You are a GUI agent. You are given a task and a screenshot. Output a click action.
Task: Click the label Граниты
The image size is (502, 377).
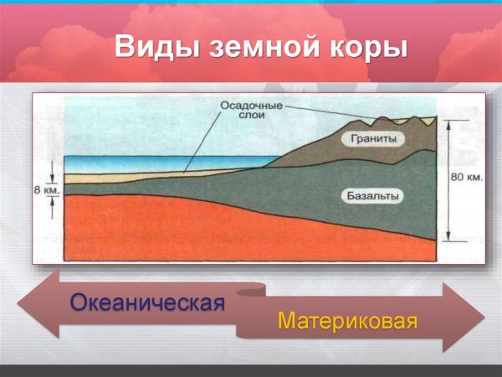[372, 139]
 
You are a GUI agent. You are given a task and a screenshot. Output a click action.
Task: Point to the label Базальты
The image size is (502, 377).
[372, 196]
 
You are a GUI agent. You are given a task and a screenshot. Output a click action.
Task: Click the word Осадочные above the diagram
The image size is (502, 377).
[250, 106]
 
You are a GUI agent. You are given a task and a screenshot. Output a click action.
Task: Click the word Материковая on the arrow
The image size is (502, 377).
[347, 321]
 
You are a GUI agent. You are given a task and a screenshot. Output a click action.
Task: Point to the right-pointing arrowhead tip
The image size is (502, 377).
[483, 319]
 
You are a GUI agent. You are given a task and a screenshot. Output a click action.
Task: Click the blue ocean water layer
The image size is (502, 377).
[151, 163]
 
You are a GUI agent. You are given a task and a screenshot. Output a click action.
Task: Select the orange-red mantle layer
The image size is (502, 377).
[167, 226]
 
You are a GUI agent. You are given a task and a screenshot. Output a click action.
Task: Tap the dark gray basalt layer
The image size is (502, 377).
[318, 197]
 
